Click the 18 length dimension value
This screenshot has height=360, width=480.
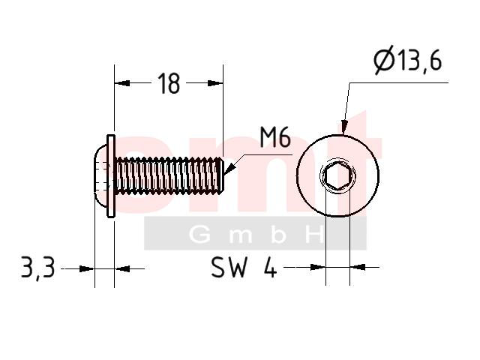pyautogui.click(x=169, y=83)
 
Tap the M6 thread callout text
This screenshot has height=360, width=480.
pyautogui.click(x=275, y=137)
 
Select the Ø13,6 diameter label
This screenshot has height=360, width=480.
pyautogui.click(x=408, y=60)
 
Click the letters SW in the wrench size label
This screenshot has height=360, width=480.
pyautogui.click(x=229, y=267)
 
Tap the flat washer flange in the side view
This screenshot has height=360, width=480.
pyautogui.click(x=111, y=176)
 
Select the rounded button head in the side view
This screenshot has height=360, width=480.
pyautogui.click(x=100, y=176)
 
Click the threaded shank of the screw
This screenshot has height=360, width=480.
pyautogui.click(x=169, y=175)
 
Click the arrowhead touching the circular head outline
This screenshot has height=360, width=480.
pyautogui.click(x=344, y=128)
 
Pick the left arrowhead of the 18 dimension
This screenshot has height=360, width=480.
pyautogui.click(x=122, y=83)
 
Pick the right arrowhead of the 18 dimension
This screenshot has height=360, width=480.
pyautogui.click(x=215, y=83)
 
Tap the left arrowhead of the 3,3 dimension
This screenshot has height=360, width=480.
pyautogui.click(x=87, y=268)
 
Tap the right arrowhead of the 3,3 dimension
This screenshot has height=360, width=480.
pyautogui.click(x=122, y=268)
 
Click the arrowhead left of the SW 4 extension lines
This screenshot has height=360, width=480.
pyautogui.click(x=318, y=267)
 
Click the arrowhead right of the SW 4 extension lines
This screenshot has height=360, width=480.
pyautogui.click(x=358, y=267)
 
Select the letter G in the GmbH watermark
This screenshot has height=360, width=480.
pyautogui.click(x=200, y=235)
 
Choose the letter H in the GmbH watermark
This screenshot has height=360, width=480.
pyautogui.click(x=314, y=235)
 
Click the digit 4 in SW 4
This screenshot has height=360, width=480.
pyautogui.click(x=270, y=267)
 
